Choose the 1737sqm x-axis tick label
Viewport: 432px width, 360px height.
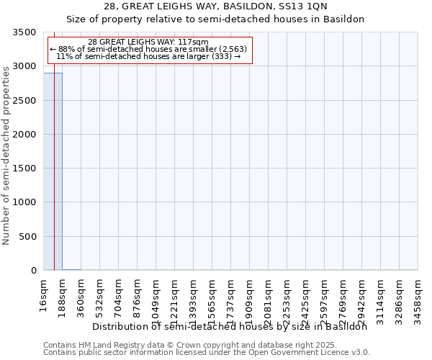231,296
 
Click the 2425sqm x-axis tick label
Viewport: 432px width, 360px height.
306,296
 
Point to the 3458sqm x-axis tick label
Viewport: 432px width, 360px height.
418,296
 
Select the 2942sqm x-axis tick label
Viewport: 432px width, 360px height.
362,296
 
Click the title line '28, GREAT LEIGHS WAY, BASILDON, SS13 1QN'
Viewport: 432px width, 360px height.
215,6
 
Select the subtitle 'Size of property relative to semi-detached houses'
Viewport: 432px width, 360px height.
215,19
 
